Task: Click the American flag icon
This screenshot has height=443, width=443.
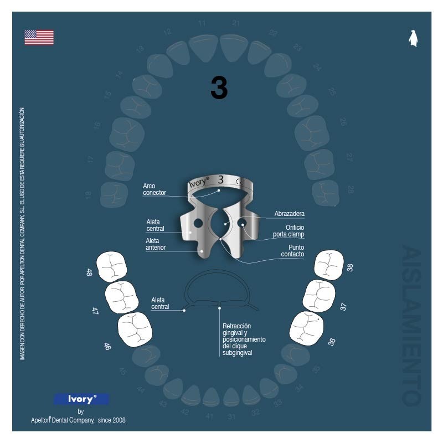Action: pyautogui.click(x=39, y=37)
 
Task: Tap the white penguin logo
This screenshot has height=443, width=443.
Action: pyautogui.click(x=413, y=38)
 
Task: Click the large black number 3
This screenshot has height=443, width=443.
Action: pyautogui.click(x=219, y=88)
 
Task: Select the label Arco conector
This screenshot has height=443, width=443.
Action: pyautogui.click(x=154, y=189)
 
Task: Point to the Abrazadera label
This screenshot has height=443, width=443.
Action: pyautogui.click(x=290, y=213)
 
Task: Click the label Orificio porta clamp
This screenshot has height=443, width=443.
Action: pyautogui.click(x=289, y=231)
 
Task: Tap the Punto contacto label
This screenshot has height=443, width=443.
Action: pyautogui.click(x=292, y=250)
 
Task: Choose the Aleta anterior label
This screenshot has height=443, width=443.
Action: pyautogui.click(x=156, y=244)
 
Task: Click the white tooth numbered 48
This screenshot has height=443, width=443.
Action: pyautogui.click(x=112, y=266)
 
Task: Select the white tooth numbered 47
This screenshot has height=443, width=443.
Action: pyautogui.click(x=122, y=297)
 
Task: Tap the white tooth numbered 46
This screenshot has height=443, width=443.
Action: pyautogui.click(x=135, y=330)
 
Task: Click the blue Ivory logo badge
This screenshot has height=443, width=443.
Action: pyautogui.click(x=81, y=399)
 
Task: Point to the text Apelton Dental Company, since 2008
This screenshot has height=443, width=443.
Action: pyautogui.click(x=78, y=420)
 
